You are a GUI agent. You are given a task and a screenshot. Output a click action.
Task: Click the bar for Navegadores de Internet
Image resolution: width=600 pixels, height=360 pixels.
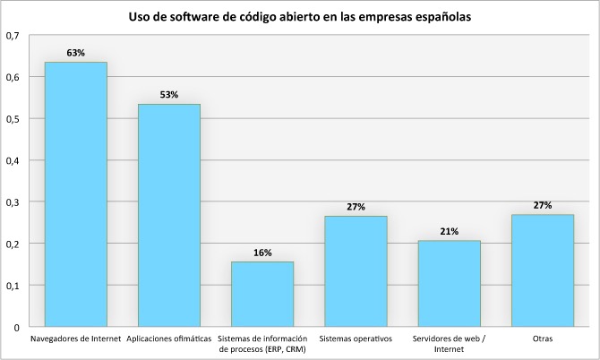click(76, 194)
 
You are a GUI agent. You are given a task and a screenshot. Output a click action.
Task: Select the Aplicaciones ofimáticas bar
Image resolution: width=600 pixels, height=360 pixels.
click(169, 215)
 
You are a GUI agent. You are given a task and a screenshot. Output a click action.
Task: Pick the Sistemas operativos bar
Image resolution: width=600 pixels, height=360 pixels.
click(356, 270)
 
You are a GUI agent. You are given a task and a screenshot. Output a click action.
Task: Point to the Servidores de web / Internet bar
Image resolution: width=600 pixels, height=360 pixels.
click(449, 283)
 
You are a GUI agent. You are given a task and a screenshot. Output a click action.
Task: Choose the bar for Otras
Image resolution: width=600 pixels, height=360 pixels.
click(542, 270)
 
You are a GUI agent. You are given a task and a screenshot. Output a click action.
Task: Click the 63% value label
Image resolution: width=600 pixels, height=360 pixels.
click(76, 53)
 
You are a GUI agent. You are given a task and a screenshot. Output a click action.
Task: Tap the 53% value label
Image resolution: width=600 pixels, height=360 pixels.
click(169, 94)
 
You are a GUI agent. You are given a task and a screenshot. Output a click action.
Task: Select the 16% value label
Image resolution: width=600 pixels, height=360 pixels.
click(262, 253)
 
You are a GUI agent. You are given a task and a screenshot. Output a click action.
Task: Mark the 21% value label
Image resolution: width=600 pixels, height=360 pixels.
click(449, 231)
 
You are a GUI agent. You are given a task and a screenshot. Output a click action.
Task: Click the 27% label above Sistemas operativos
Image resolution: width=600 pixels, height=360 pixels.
click(356, 207)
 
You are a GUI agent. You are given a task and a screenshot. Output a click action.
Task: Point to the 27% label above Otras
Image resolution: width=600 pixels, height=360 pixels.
click(542, 205)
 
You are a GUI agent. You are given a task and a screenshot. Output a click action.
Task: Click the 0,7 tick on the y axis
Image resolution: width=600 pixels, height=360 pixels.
click(13, 35)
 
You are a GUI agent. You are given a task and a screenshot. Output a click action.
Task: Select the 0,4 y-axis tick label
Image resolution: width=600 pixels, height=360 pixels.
click(13, 160)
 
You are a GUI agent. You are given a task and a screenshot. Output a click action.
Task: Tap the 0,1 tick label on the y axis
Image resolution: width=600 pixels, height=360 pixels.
click(13, 286)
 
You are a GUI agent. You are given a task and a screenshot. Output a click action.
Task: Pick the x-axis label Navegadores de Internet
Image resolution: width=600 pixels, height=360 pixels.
click(76, 339)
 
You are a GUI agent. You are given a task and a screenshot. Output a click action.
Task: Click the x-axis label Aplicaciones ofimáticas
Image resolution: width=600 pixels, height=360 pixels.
click(169, 339)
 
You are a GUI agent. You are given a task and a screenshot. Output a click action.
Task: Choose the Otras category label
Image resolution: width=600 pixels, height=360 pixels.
click(542, 339)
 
